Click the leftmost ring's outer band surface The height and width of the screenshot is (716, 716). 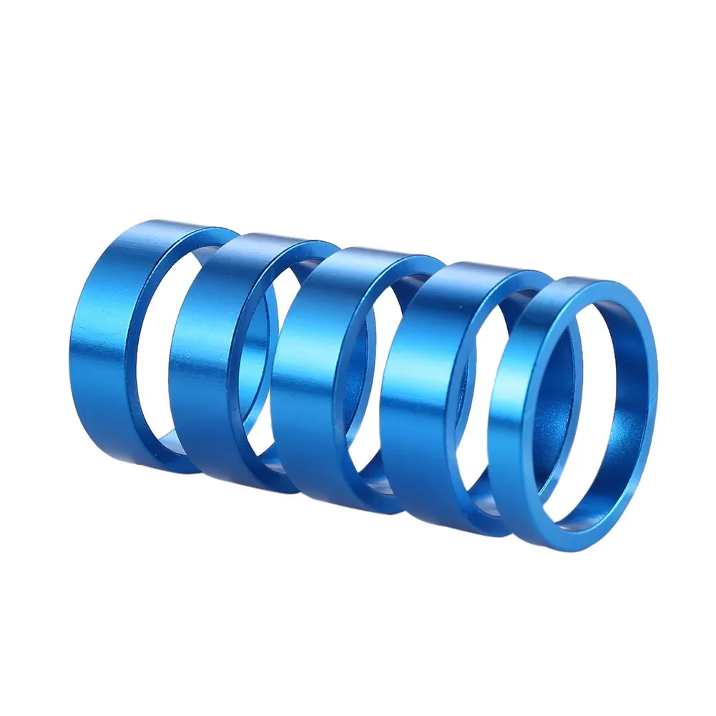click(107, 343)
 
